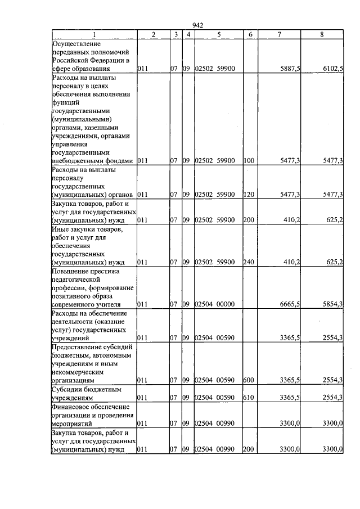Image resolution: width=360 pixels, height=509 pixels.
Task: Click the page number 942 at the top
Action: (x=197, y=25)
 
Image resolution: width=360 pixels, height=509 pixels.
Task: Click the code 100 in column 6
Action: (x=249, y=161)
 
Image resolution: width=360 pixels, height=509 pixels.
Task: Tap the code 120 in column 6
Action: (x=249, y=195)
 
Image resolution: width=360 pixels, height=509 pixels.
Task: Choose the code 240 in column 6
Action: (x=249, y=262)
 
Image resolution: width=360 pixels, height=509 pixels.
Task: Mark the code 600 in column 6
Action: (x=249, y=380)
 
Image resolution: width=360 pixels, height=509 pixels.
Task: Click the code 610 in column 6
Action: (x=249, y=397)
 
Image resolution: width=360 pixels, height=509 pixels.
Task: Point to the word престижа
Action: (x=102, y=271)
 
